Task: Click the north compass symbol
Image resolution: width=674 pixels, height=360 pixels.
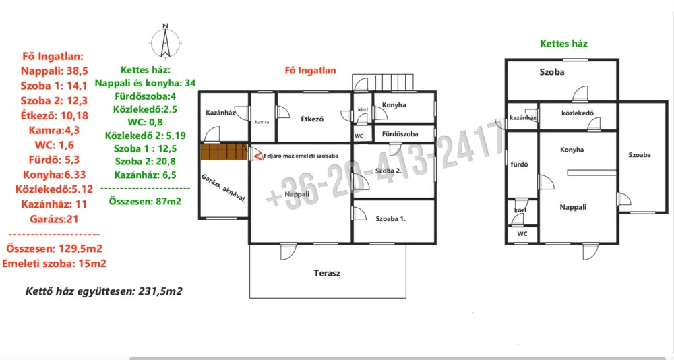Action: click(x=166, y=41)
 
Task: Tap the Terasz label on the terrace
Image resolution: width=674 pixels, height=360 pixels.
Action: click(x=327, y=273)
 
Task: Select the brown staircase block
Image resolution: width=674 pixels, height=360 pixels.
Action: click(x=224, y=152)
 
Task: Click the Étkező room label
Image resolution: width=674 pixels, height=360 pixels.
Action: click(x=312, y=119)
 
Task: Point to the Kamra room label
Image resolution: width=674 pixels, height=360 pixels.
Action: click(x=262, y=122)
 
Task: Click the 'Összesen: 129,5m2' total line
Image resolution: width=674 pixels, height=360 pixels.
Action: click(x=54, y=249)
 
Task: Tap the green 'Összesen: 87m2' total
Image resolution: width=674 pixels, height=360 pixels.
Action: click(x=145, y=201)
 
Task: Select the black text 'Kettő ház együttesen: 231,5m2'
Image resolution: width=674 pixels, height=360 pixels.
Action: click(x=104, y=291)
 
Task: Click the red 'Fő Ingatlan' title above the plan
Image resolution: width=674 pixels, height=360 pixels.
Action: click(x=310, y=71)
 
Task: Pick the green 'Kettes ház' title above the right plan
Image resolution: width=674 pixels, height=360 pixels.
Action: click(x=563, y=43)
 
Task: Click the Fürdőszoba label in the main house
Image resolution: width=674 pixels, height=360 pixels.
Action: click(x=400, y=133)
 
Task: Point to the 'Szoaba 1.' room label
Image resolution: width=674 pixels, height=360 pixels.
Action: click(x=391, y=219)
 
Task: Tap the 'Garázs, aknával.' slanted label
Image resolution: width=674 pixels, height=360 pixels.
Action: click(x=224, y=188)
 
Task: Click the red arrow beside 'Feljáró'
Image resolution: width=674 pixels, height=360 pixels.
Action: click(x=256, y=155)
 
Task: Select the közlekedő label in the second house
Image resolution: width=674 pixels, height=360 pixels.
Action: click(x=578, y=113)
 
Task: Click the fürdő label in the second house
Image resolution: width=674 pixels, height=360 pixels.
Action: click(x=519, y=164)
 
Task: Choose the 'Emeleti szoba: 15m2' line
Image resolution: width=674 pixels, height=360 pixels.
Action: click(x=54, y=264)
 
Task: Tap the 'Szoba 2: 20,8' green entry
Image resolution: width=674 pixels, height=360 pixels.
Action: click(x=145, y=162)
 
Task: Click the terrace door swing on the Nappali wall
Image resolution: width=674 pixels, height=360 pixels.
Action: click(x=288, y=252)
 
